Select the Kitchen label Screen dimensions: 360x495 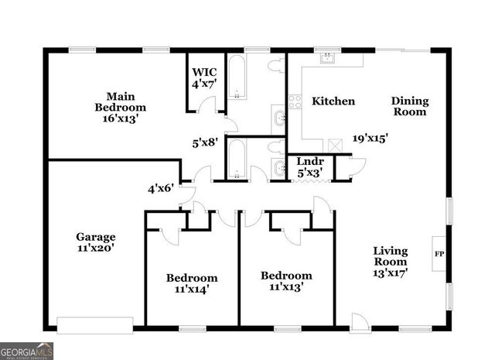(x=333, y=101)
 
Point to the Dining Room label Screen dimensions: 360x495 (x=409, y=106)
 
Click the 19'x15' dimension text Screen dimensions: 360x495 (x=370, y=138)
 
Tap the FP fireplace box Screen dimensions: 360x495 (x=439, y=254)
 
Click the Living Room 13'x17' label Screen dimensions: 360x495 (x=391, y=261)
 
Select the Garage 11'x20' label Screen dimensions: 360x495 (x=96, y=243)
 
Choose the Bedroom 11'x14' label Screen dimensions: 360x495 (x=192, y=283)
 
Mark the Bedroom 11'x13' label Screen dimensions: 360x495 (x=286, y=280)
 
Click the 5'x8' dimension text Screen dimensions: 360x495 (x=205, y=142)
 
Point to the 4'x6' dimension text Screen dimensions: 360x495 (x=161, y=187)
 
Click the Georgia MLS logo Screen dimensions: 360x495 (x=27, y=351)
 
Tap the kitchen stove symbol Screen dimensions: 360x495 (x=294, y=101)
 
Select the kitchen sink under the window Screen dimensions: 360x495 (x=327, y=59)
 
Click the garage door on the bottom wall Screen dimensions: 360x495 (x=95, y=325)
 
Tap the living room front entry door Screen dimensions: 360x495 (x=359, y=321)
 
